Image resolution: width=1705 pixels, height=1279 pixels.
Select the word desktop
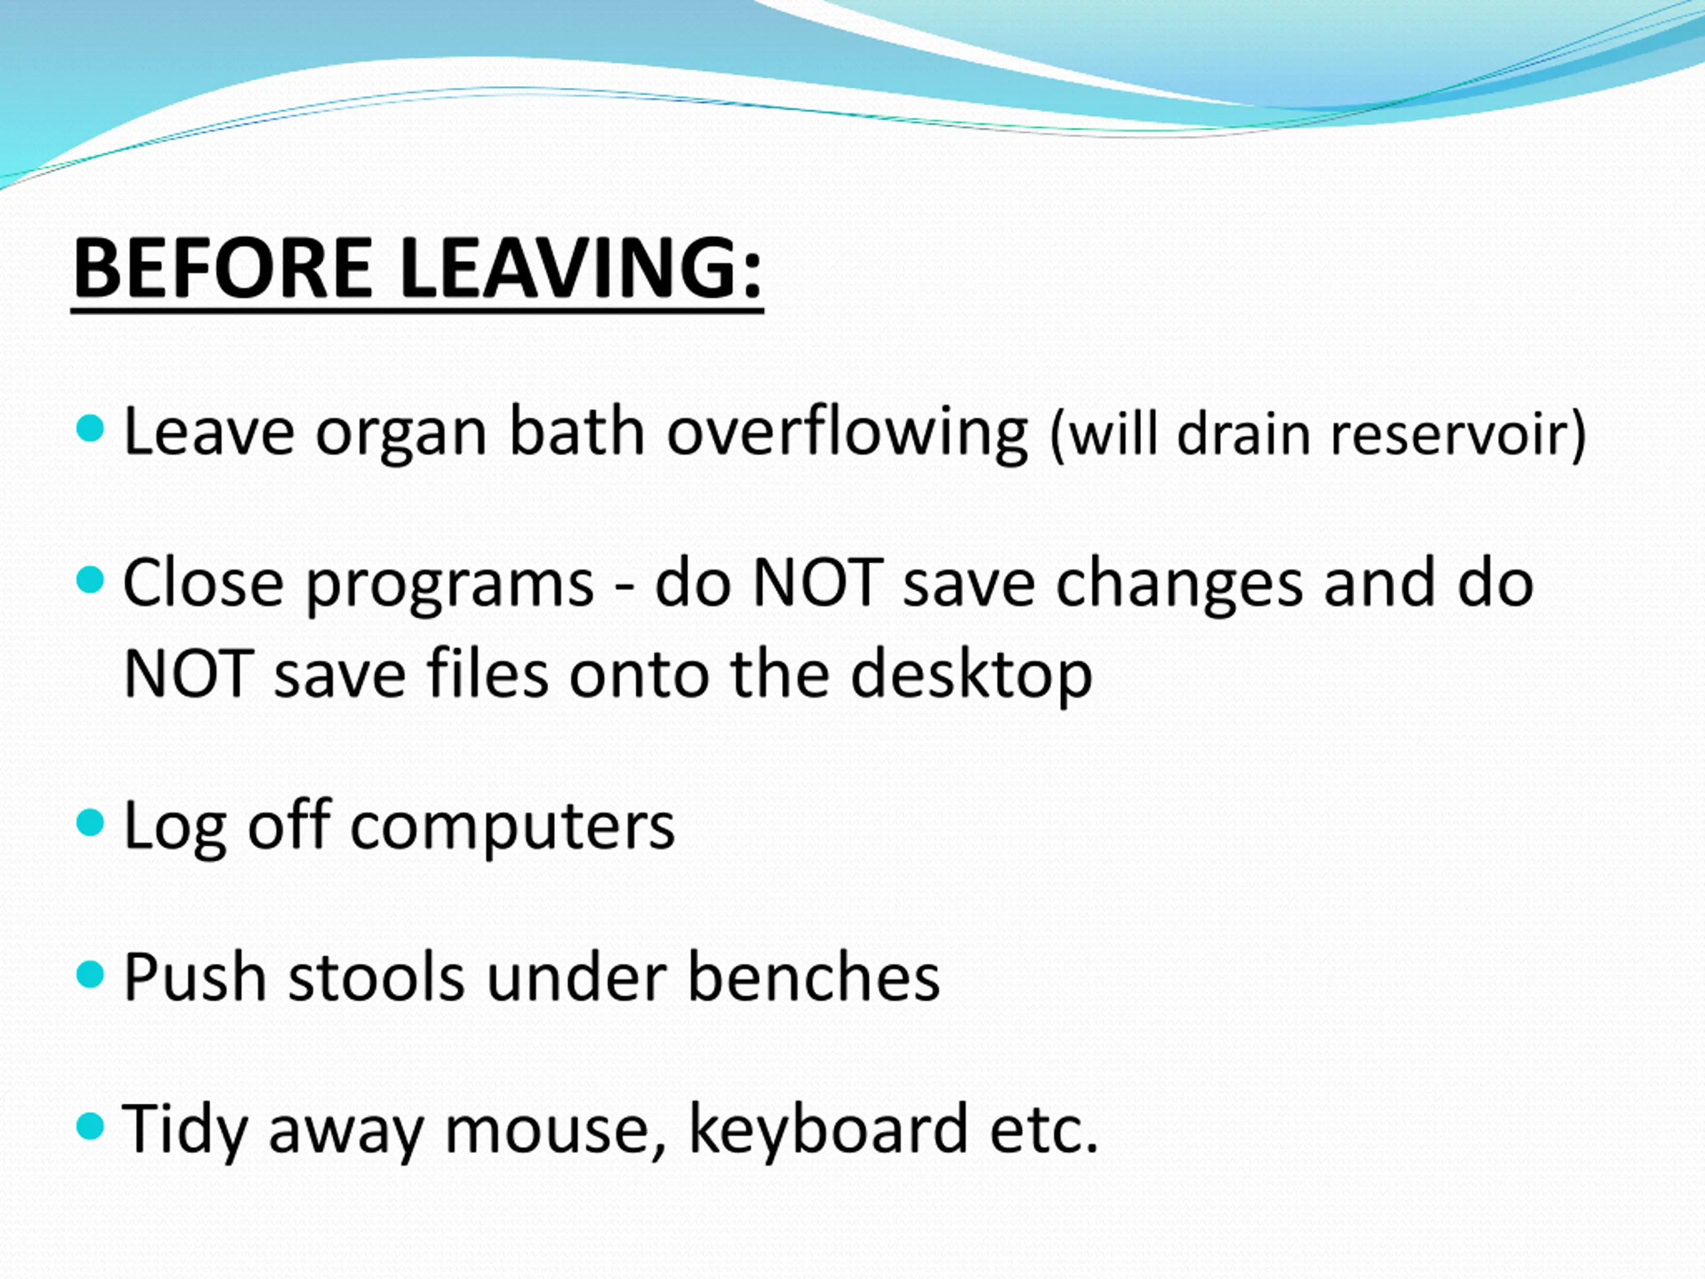point(971,675)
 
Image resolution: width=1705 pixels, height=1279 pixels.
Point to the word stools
point(376,977)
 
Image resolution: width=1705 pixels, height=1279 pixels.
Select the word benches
point(813,977)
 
